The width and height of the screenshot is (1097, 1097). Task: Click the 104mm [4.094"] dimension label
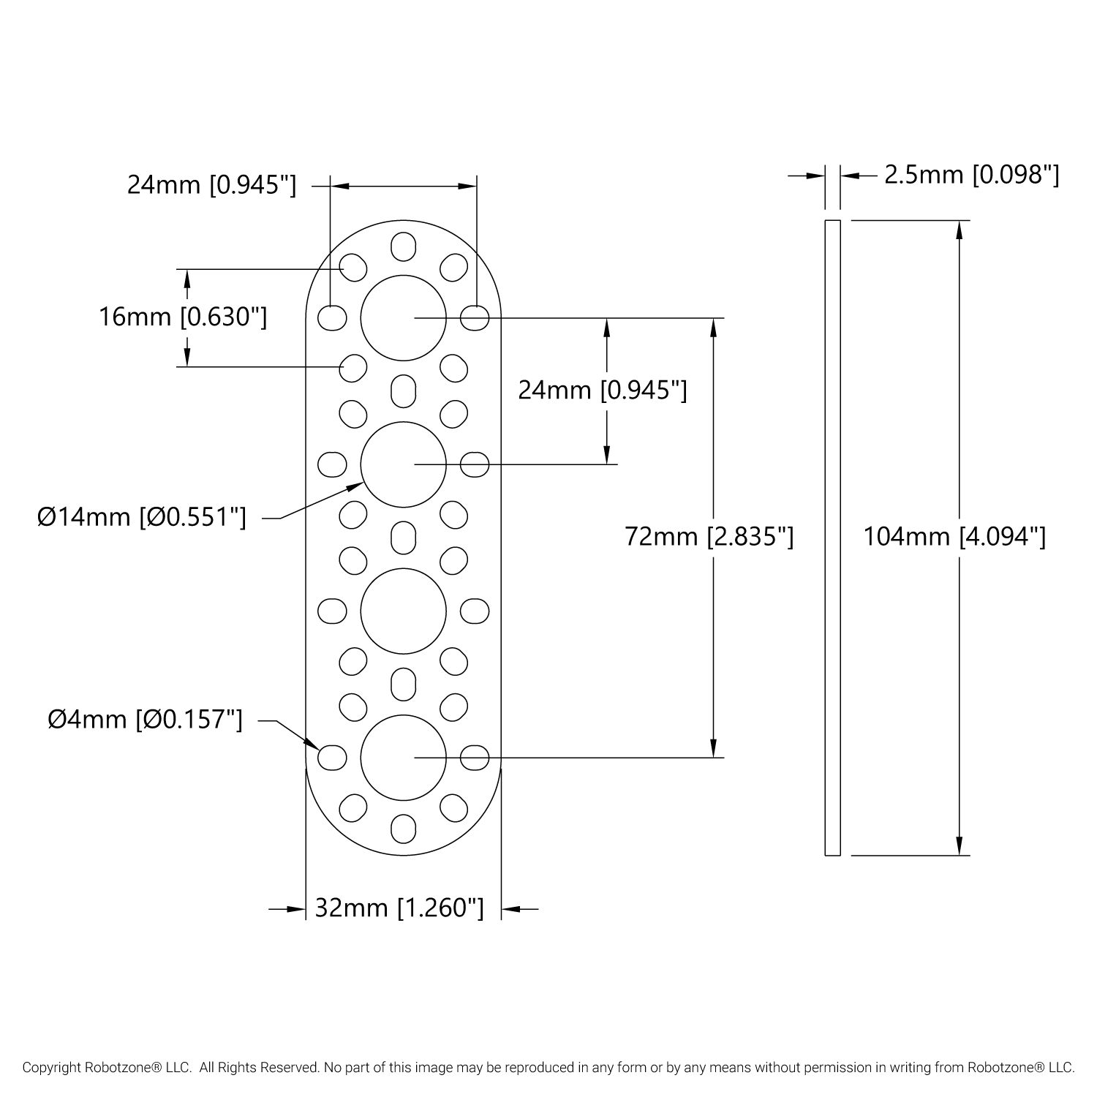click(x=954, y=538)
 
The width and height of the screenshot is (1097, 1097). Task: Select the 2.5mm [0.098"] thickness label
click(x=971, y=176)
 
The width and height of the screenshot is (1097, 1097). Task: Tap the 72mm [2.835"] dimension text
click(x=709, y=538)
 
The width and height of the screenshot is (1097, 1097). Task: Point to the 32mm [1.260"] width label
click(x=399, y=908)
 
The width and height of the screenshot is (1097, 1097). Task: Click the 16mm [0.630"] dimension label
click(x=183, y=317)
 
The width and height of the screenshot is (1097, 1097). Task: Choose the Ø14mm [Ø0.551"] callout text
click(x=142, y=518)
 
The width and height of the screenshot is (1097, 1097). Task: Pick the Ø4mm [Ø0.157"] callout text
click(x=145, y=720)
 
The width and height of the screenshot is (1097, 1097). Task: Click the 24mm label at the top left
click(x=212, y=185)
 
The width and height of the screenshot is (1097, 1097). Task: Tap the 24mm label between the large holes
click(x=602, y=391)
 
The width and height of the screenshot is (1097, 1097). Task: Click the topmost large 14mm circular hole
click(x=403, y=318)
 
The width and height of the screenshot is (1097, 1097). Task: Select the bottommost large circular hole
click(x=403, y=757)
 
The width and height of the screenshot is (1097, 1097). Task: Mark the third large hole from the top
click(x=403, y=611)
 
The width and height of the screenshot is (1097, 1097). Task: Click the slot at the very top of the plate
click(x=403, y=246)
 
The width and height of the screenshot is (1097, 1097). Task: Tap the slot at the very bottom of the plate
click(x=403, y=829)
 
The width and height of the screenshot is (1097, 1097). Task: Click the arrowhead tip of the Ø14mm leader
click(x=362, y=483)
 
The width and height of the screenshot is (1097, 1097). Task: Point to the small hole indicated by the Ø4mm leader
click(x=332, y=757)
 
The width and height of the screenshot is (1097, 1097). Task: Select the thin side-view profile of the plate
click(x=832, y=538)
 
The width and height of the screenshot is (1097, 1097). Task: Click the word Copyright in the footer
click(x=50, y=1068)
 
